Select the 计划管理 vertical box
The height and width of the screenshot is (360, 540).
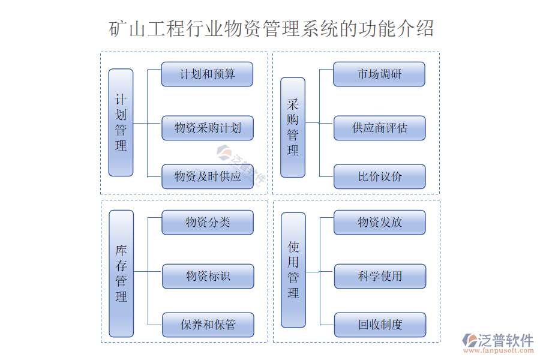point(121,122)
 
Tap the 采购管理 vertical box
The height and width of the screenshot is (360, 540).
point(293,127)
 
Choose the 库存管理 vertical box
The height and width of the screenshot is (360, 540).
point(121,273)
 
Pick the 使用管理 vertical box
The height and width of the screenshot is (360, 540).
point(293,270)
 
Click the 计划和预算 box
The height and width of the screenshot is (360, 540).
point(207,74)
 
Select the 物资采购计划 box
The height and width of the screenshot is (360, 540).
point(207,128)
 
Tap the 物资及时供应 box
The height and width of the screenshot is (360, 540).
point(207,176)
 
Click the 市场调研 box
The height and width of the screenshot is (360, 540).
point(379,74)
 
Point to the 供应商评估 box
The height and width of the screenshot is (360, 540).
point(379,128)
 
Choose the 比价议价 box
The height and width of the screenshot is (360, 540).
point(379,176)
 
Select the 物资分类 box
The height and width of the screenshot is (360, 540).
point(207,223)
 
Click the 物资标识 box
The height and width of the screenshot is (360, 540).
point(208,276)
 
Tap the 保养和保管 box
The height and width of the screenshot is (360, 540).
point(208,325)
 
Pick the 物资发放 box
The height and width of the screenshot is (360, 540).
point(379,223)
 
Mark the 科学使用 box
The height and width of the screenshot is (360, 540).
point(380,276)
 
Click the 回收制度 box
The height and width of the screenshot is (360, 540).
point(380,325)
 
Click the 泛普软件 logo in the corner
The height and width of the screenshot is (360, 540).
point(498,340)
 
